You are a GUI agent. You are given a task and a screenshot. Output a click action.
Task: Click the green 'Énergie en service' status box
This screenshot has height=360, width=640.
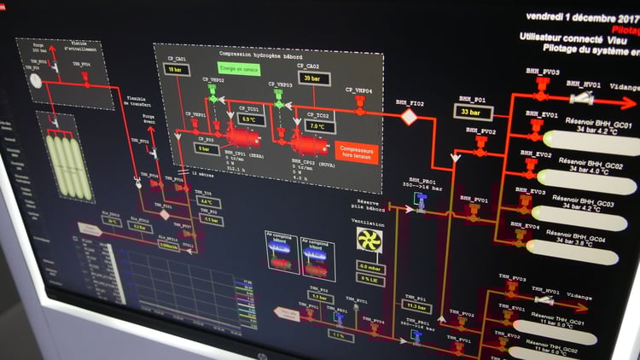(x=239, y=67)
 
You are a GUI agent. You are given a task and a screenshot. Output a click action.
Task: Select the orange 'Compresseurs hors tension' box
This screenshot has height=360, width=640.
(x=356, y=153)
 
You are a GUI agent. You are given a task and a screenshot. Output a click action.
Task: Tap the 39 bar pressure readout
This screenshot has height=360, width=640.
(x=310, y=78)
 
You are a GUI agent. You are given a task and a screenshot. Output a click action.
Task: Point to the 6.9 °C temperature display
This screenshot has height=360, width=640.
(x=248, y=119)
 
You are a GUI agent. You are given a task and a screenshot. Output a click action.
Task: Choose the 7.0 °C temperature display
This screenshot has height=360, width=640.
(x=317, y=126)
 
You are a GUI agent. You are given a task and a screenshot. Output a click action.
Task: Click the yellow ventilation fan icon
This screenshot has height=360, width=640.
(x=369, y=240)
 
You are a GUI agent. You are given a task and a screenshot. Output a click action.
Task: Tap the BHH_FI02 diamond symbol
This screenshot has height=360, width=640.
(x=410, y=118)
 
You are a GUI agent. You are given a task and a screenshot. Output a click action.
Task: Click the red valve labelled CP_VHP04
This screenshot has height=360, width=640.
(x=360, y=103)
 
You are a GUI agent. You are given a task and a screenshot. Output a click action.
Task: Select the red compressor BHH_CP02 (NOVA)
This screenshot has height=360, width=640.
(x=303, y=142)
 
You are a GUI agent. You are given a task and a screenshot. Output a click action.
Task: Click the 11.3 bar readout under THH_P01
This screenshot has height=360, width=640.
(x=416, y=305)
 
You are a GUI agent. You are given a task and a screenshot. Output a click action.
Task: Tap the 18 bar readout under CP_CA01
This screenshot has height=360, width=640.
(x=175, y=69)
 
